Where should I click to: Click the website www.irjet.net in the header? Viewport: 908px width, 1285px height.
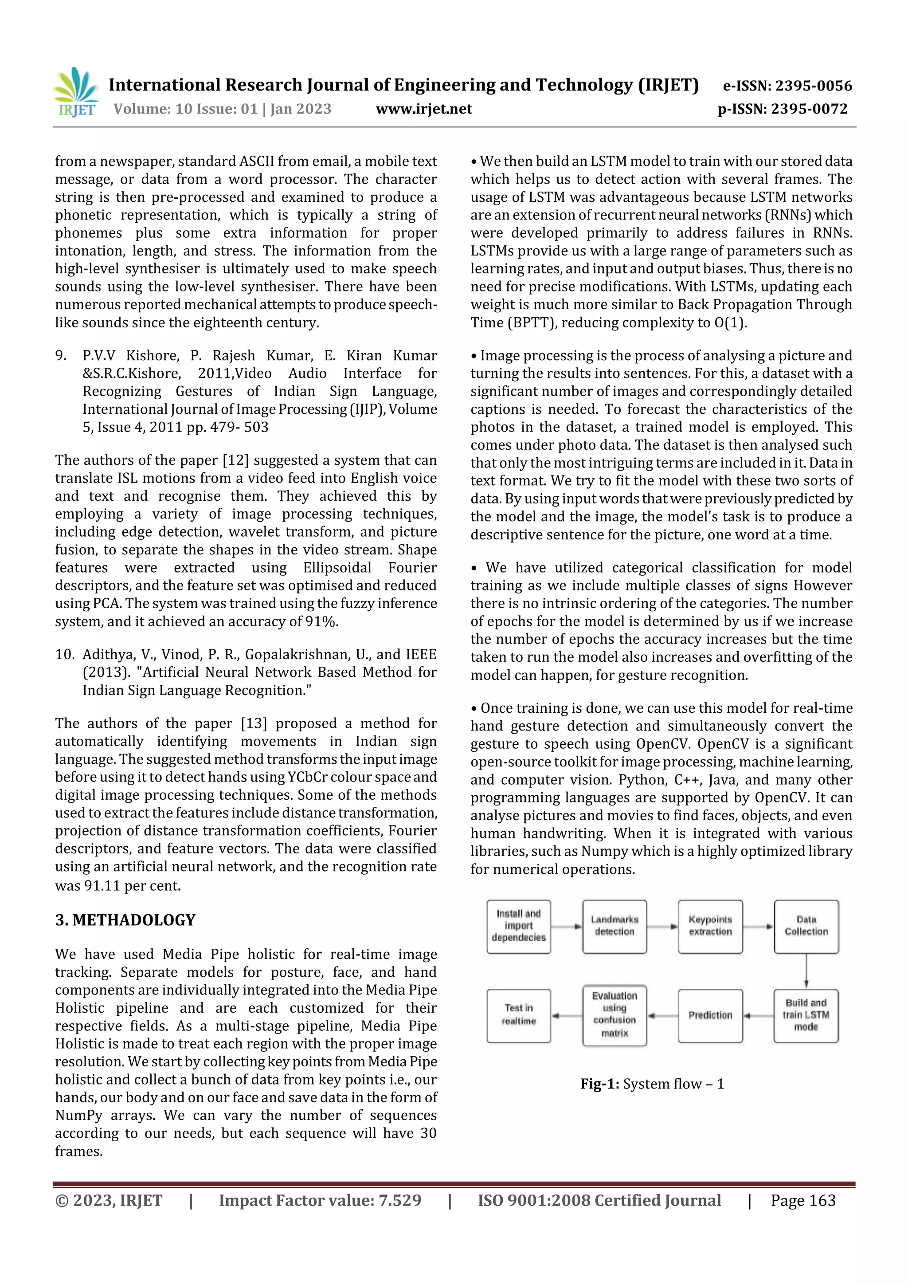tap(423, 109)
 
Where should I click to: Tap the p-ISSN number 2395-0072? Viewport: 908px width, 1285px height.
tap(809, 109)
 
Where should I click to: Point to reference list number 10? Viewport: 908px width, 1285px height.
tap(64, 654)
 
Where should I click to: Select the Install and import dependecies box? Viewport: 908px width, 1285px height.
tap(519, 926)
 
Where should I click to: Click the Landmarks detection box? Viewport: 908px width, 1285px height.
tap(614, 926)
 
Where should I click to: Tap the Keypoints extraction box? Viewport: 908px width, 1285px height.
tap(710, 926)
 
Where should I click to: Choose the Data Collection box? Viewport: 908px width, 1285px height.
tap(806, 926)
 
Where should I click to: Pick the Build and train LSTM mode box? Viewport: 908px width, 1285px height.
tap(806, 1015)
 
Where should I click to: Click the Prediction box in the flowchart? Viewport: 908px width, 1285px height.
tap(710, 1015)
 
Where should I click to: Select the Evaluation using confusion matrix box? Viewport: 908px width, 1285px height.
tap(614, 1015)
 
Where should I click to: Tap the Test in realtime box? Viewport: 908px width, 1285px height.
tap(519, 1015)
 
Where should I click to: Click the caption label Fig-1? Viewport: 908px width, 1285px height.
tap(599, 1084)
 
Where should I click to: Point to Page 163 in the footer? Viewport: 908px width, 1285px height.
tap(803, 1200)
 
